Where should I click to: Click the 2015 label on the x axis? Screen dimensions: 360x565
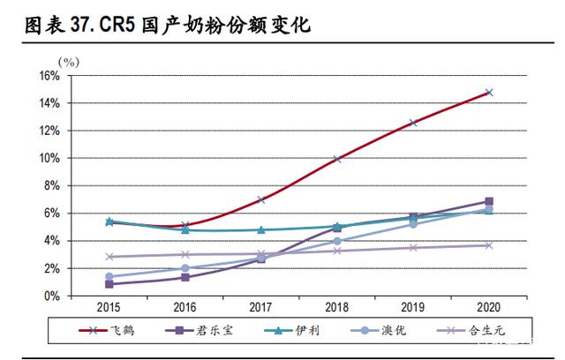coord(109,306)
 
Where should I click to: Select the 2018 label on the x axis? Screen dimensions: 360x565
coord(337,306)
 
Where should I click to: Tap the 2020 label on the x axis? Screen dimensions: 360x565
coord(489,306)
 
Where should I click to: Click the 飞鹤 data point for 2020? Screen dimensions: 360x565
coord(489,92)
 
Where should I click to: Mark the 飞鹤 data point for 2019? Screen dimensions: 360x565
coord(413,123)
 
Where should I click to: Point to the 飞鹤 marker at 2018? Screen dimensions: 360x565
coord(337,159)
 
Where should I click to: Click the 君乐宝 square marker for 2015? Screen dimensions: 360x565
coord(109,284)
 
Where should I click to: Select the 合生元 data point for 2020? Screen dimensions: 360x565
coord(489,245)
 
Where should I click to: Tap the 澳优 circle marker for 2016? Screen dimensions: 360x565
coord(185,268)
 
